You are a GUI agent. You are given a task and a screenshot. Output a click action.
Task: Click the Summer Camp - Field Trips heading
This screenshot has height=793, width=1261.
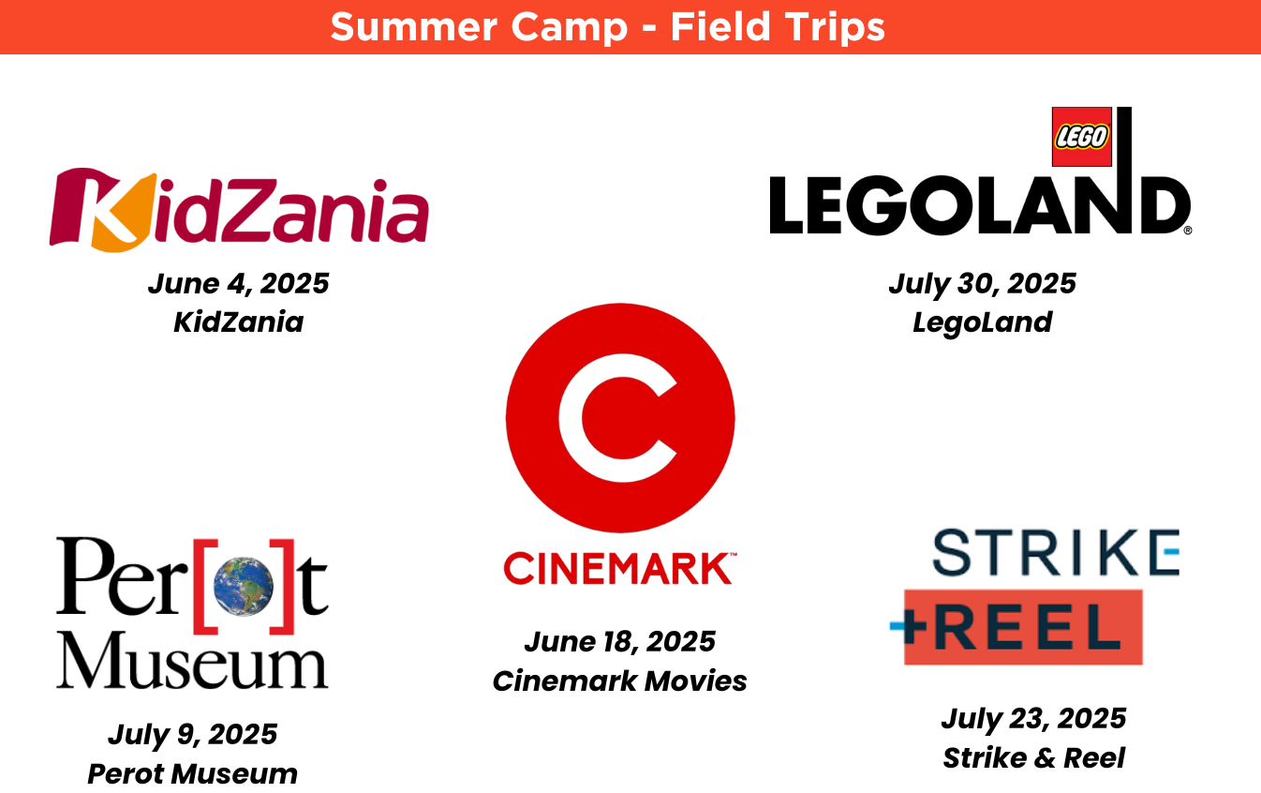point(607,27)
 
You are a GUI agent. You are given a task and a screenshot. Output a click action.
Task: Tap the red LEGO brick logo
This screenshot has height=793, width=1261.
point(1081,137)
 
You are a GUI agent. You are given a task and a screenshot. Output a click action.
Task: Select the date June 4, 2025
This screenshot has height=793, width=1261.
point(238,283)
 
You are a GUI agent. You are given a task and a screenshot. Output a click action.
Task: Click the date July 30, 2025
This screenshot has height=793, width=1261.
point(983,283)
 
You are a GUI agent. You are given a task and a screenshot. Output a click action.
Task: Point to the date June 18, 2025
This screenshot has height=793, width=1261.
point(620,641)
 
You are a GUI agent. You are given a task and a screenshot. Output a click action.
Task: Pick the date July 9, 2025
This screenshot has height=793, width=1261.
point(193,734)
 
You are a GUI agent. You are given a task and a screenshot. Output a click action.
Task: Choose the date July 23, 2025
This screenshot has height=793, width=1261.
point(1033,718)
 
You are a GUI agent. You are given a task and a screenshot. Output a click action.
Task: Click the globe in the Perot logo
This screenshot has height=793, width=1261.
point(244,586)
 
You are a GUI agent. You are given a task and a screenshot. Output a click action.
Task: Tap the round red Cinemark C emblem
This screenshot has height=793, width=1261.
point(620,418)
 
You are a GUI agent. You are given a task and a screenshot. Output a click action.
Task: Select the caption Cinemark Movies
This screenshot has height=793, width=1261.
point(620,681)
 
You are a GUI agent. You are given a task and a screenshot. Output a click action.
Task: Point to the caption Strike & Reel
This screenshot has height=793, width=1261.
point(1033,757)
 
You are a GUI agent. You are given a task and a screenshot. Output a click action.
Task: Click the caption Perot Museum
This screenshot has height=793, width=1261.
point(193,773)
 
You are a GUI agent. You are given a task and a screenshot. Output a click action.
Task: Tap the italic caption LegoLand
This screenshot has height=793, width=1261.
point(983,322)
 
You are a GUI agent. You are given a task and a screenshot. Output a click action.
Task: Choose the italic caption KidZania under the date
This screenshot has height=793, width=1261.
point(238,322)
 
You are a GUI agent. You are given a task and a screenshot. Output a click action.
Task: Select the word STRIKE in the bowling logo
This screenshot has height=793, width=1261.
point(1056,552)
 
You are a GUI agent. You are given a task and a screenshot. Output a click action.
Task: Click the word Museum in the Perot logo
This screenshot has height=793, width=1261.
point(192,660)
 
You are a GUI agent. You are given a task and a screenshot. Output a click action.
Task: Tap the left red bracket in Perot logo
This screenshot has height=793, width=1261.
point(205,586)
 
